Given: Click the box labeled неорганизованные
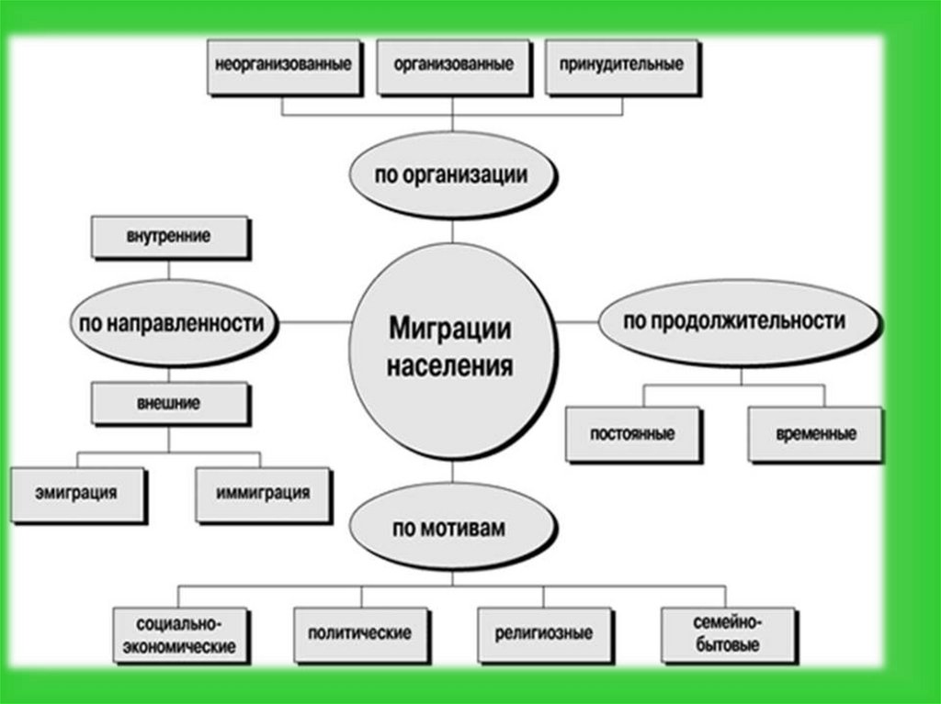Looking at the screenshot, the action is click(x=282, y=66).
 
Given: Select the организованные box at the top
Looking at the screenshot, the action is click(x=453, y=66).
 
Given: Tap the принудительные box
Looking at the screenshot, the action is click(x=619, y=66).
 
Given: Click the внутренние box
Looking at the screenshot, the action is click(x=168, y=236).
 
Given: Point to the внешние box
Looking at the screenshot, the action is click(x=169, y=403).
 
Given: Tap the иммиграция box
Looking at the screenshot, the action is click(x=263, y=492).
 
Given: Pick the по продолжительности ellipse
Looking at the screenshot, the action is click(x=734, y=321).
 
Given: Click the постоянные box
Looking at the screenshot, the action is click(x=633, y=433).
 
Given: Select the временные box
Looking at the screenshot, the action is click(x=816, y=433).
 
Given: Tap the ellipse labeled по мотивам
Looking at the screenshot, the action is click(x=452, y=531).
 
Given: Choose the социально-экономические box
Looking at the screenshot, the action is click(x=179, y=633).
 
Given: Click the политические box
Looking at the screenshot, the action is click(x=359, y=633).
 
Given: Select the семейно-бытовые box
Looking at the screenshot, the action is click(x=726, y=633).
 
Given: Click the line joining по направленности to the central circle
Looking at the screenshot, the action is click(x=314, y=323).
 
